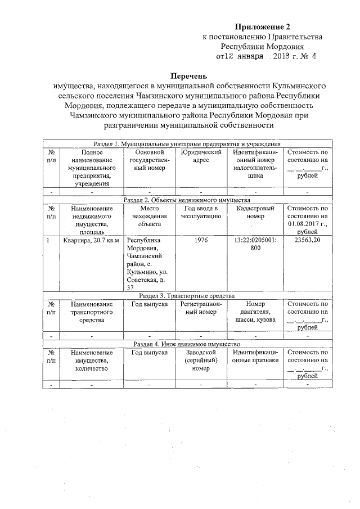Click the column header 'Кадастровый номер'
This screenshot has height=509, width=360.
(x=255, y=212)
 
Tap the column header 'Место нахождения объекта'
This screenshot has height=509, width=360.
(x=149, y=216)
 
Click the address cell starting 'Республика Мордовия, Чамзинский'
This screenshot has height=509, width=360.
(x=147, y=263)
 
